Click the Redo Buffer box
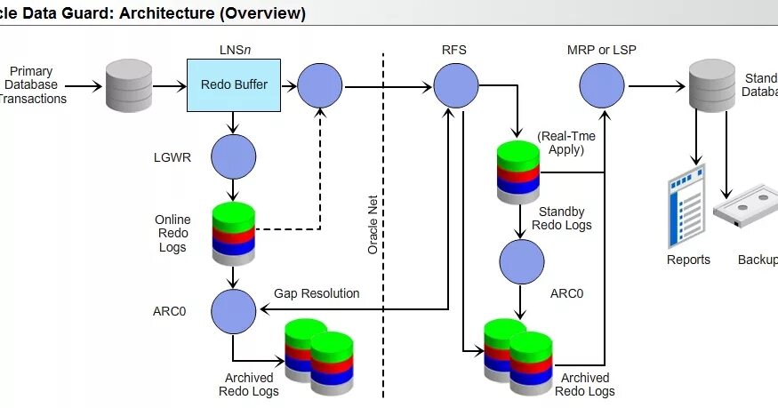pyautogui.click(x=234, y=85)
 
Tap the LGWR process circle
pyautogui.click(x=234, y=156)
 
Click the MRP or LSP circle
pyautogui.click(x=602, y=86)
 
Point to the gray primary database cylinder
pyautogui.click(x=129, y=86)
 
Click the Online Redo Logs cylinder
pyautogui.click(x=234, y=232)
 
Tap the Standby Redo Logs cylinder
pyautogui.click(x=518, y=171)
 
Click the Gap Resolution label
pyautogui.click(x=317, y=293)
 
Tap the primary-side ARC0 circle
pyautogui.click(x=234, y=309)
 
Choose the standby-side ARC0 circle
pyautogui.click(x=522, y=262)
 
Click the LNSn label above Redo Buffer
pyautogui.click(x=232, y=50)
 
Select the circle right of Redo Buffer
pyautogui.click(x=320, y=86)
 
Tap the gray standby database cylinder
pyautogui.click(x=712, y=85)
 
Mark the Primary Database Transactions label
pyautogui.click(x=33, y=85)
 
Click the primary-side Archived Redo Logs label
pyautogui.click(x=250, y=385)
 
